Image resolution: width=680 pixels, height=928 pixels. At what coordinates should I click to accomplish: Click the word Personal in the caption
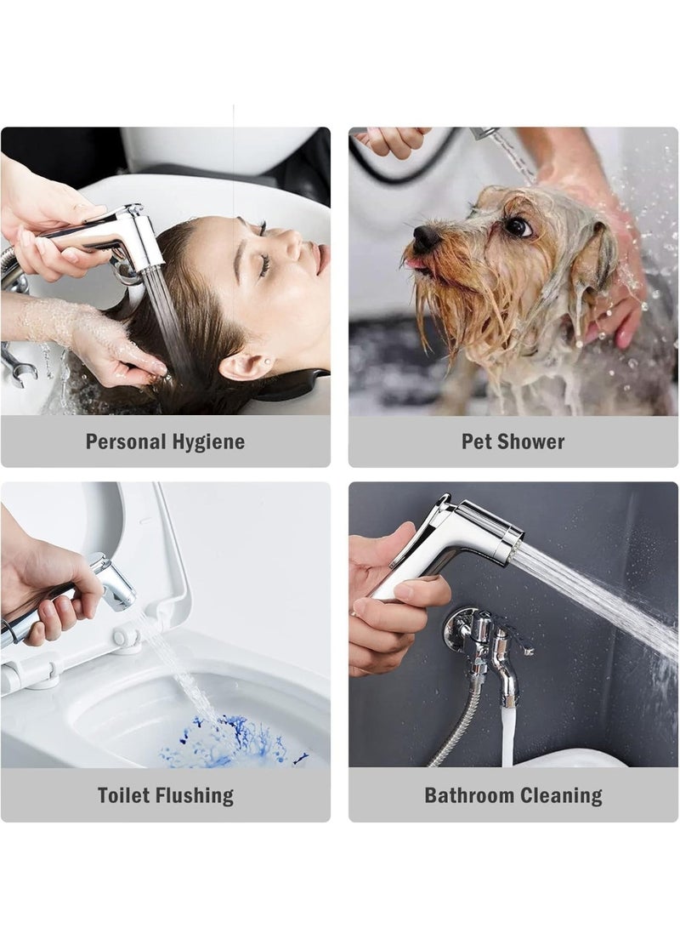[126, 441]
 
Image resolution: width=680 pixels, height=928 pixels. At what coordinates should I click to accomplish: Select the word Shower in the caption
[531, 441]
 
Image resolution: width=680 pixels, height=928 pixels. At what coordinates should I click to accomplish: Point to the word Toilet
[123, 794]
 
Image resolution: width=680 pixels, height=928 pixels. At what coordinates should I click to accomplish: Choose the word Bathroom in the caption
[465, 795]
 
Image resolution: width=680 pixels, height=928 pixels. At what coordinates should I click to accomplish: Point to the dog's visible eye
[518, 226]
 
